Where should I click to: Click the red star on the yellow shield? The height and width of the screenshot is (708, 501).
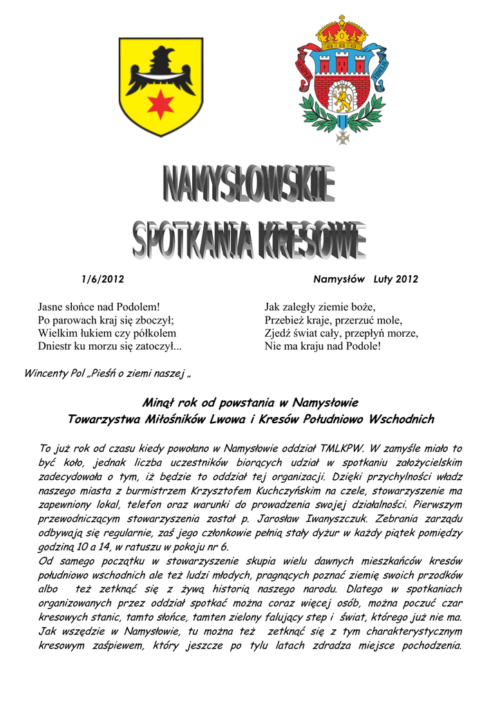tap(161, 104)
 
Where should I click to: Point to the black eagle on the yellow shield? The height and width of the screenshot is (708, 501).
tap(160, 71)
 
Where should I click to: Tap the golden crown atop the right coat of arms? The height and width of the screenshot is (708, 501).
tap(341, 34)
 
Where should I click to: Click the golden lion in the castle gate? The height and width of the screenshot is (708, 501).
tap(341, 100)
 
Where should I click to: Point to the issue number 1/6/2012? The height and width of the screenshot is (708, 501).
tap(102, 279)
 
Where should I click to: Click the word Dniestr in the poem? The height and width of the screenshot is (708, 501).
tap(55, 346)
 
